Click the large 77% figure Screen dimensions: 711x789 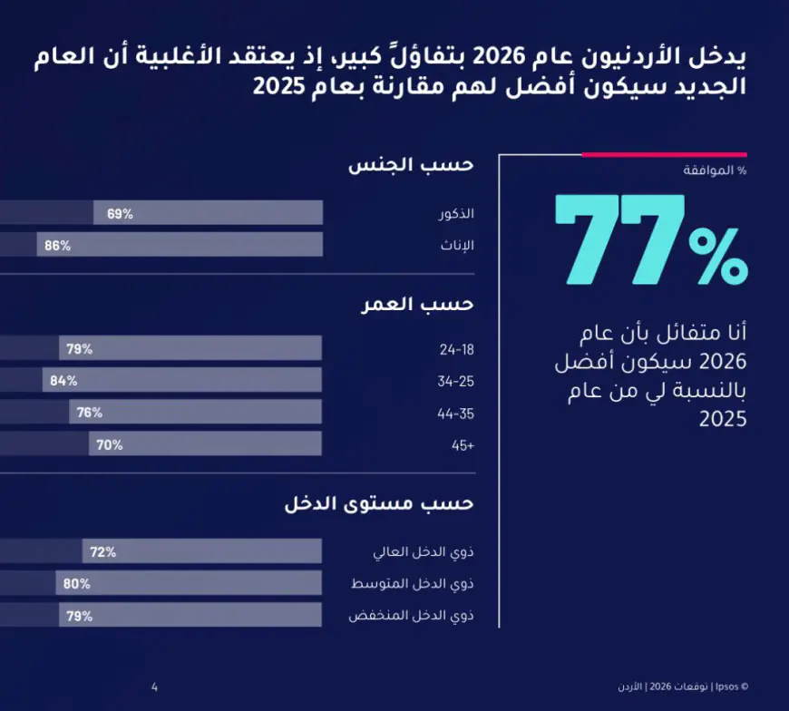pyautogui.click(x=650, y=240)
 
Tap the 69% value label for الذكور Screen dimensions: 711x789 pyautogui.click(x=120, y=214)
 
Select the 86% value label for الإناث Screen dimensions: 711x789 pyautogui.click(x=58, y=246)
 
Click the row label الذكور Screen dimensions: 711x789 pyautogui.click(x=457, y=214)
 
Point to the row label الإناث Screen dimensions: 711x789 pyautogui.click(x=459, y=246)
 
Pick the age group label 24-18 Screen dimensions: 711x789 pyautogui.click(x=457, y=349)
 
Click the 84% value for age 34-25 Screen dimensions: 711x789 pyautogui.click(x=63, y=381)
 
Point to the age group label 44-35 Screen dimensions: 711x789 pyautogui.click(x=457, y=414)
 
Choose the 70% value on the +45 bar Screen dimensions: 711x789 pyautogui.click(x=110, y=445)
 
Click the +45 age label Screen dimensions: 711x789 pyautogui.click(x=463, y=445)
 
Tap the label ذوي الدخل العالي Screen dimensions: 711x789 pyautogui.click(x=424, y=552)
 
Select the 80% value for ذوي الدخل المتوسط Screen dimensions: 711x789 pyautogui.click(x=77, y=584)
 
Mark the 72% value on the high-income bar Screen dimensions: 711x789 pyautogui.click(x=103, y=552)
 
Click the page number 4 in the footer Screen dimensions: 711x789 pyautogui.click(x=154, y=686)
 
